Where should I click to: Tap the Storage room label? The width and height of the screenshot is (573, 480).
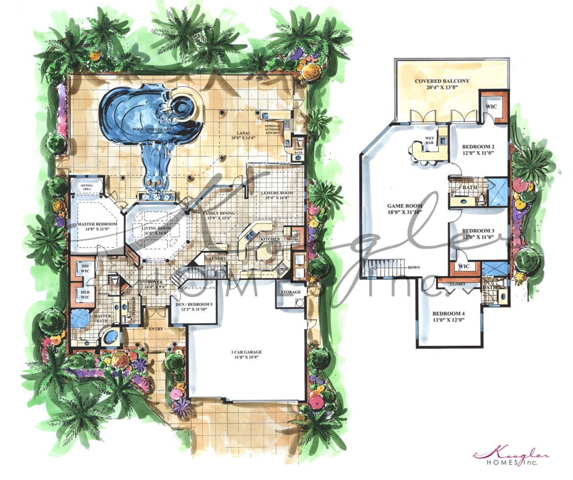coord(290,292)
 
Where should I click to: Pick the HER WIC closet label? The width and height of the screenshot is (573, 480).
coord(84,294)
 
